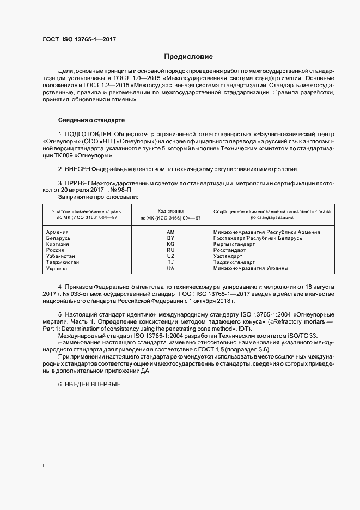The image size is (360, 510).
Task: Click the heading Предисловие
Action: (x=189, y=57)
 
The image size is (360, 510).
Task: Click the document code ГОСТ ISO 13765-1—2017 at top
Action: (x=79, y=39)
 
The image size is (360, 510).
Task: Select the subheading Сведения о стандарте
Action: (x=91, y=119)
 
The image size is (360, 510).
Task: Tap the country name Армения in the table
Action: (x=58, y=232)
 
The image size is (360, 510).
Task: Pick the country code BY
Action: (x=170, y=238)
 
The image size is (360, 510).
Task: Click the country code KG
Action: (x=170, y=244)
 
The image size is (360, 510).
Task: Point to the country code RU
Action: (x=170, y=250)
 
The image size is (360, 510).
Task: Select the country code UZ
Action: (x=170, y=256)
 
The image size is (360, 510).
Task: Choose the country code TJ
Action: (x=170, y=262)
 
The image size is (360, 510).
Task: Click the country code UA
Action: (x=170, y=268)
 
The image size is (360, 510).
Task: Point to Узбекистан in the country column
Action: (x=61, y=256)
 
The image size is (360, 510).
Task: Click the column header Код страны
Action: (x=170, y=210)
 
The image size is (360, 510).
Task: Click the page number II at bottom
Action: (x=44, y=466)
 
